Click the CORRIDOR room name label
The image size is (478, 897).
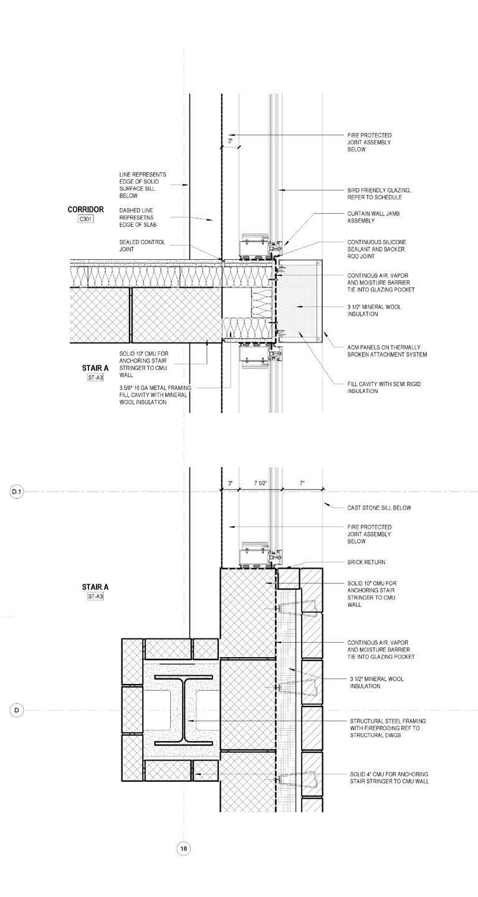click(85, 210)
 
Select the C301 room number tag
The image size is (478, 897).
click(85, 219)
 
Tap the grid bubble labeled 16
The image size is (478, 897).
click(183, 848)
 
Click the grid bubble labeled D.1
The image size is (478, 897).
click(16, 492)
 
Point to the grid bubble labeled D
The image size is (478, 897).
click(16, 710)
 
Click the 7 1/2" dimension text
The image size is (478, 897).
click(261, 483)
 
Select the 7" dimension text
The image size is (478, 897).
click(302, 483)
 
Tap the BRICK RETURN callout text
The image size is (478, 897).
click(366, 562)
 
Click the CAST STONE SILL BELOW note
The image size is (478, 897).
click(379, 508)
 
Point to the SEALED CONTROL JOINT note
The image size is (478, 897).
click(142, 245)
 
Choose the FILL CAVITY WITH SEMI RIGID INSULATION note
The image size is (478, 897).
click(384, 387)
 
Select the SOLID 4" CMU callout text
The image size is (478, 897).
click(389, 777)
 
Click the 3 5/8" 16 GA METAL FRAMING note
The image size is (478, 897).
click(155, 395)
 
